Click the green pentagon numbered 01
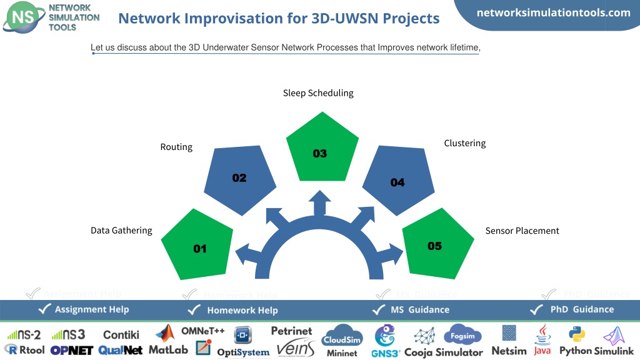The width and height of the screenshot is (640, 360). [197, 246]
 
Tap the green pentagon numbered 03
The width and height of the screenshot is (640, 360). [322, 149]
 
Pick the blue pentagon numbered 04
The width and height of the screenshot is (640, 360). [398, 179]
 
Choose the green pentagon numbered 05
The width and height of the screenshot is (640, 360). [438, 245]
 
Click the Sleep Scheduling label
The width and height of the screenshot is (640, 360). [318, 93]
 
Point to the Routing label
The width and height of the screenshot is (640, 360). [176, 147]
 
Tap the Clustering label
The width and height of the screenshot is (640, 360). [465, 143]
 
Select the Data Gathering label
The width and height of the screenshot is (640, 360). [121, 231]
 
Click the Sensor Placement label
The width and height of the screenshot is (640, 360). [522, 231]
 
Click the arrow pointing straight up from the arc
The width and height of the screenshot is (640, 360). [319, 203]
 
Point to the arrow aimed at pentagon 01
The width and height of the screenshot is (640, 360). [248, 254]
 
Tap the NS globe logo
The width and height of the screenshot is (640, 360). [24, 17]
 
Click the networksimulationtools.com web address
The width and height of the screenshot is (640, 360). [554, 12]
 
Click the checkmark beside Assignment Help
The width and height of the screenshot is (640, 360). [44, 309]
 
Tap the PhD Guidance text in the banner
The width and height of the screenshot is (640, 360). [582, 309]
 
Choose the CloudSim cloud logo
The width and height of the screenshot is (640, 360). [342, 336]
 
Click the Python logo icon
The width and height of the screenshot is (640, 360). [577, 335]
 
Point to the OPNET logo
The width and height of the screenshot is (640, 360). [72, 351]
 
